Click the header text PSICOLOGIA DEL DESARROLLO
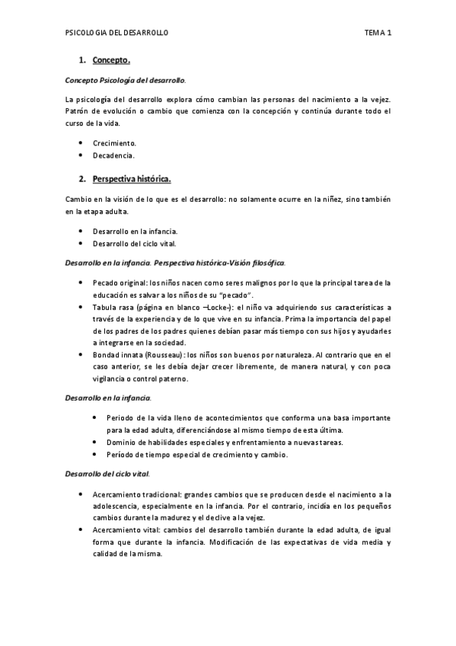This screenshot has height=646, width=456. pyautogui.click(x=117, y=33)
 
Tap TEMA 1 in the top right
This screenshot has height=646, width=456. pyautogui.click(x=377, y=33)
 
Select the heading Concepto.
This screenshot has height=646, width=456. pyautogui.click(x=111, y=59)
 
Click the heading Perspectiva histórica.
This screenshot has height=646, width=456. pyautogui.click(x=132, y=179)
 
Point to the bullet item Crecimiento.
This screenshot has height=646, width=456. pyautogui.click(x=114, y=142)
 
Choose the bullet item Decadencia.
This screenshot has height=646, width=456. pyautogui.click(x=113, y=155)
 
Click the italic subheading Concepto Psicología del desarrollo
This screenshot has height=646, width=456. pyautogui.click(x=125, y=79)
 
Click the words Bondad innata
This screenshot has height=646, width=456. pyautogui.click(x=116, y=355)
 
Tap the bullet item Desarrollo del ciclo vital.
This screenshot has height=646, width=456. pyautogui.click(x=134, y=244)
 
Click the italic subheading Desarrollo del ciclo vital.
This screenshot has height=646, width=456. pyautogui.click(x=106, y=474)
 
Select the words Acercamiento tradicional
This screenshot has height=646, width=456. pyautogui.click(x=132, y=494)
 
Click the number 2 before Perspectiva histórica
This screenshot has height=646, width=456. pyautogui.click(x=81, y=179)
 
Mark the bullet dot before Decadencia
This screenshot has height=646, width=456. pyautogui.click(x=81, y=155)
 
